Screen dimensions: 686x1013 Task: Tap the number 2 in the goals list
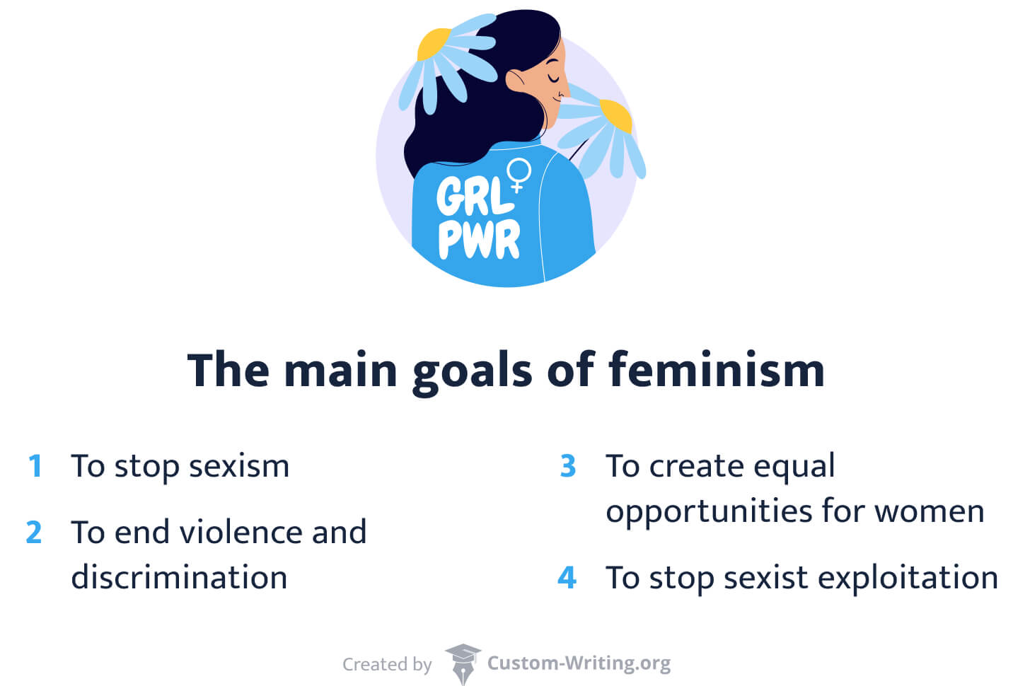[x=34, y=533]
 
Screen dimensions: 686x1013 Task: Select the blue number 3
[x=567, y=466]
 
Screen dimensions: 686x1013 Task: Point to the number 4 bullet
[x=567, y=578]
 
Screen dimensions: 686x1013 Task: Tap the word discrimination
[x=179, y=577]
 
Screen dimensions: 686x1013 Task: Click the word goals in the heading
[x=472, y=371]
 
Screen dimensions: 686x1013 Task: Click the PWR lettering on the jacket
[x=479, y=239]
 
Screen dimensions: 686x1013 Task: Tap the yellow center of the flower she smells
[x=615, y=115]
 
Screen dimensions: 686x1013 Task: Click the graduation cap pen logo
[x=463, y=663]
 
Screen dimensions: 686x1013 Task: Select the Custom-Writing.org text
[x=579, y=663]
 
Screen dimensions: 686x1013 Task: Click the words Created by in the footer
[x=387, y=664]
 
